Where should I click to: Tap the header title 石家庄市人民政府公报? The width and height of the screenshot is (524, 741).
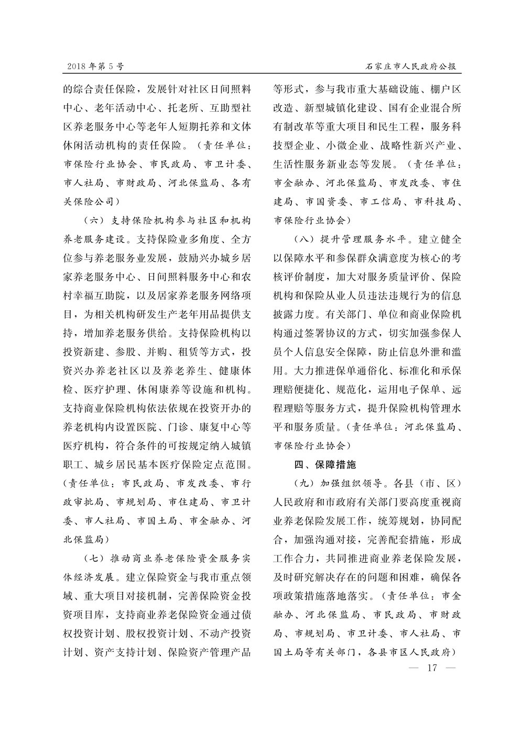(x=410, y=67)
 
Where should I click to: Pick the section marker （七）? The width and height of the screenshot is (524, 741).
(x=95, y=557)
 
